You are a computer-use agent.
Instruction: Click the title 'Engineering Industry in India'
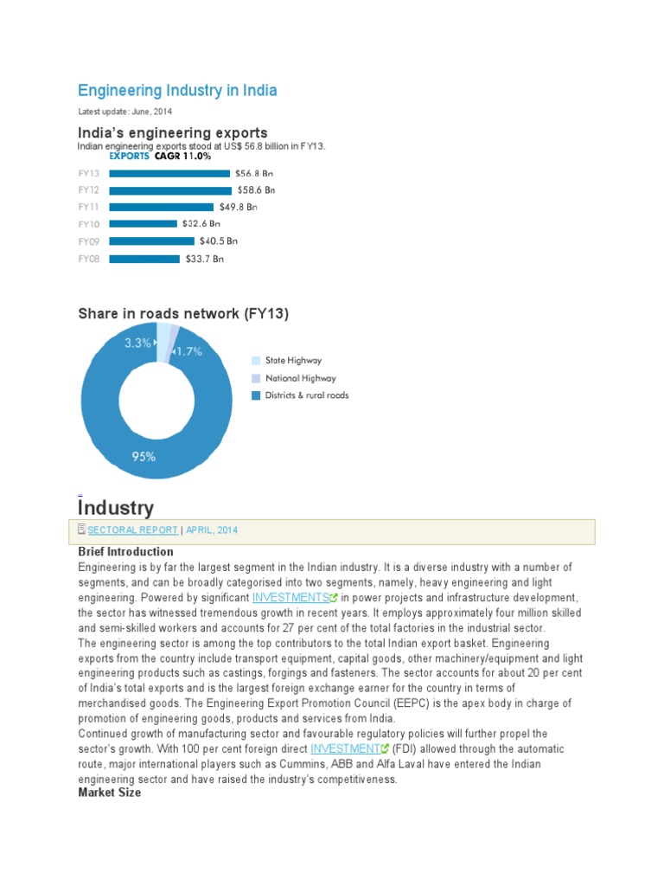point(177,90)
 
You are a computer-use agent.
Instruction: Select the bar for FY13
point(169,173)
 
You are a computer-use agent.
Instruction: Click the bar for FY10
point(143,223)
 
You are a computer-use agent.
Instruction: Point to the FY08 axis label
point(89,258)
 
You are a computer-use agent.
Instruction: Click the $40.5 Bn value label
point(218,241)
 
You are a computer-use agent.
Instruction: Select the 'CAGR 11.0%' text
point(182,157)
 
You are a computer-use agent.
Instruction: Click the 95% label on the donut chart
point(144,456)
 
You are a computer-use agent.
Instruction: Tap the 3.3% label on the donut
point(137,343)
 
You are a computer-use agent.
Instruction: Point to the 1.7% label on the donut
point(188,351)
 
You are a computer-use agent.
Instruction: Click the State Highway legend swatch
point(256,361)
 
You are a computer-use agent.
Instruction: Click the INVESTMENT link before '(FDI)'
point(344,748)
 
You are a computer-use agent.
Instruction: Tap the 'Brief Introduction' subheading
point(125,551)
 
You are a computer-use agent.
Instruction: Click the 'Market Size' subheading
point(109,793)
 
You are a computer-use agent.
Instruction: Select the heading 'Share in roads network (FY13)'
point(183,313)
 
